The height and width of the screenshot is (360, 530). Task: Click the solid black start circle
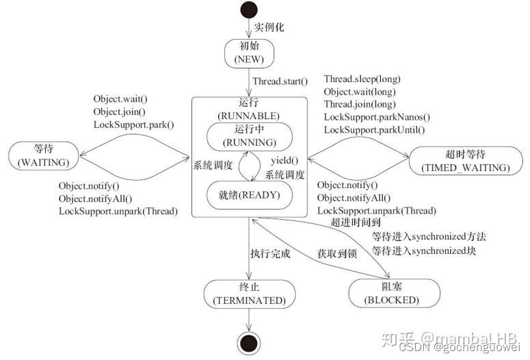point(249,12)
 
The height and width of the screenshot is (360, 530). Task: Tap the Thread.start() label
point(280,81)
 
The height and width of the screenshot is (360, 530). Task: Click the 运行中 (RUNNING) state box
point(249,137)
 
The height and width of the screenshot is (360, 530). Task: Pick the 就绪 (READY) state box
point(249,194)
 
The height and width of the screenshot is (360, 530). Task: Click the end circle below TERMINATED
point(249,342)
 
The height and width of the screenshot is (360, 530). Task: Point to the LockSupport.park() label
point(134,125)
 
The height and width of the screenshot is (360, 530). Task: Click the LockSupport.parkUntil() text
point(374,129)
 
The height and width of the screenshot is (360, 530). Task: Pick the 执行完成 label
point(271,253)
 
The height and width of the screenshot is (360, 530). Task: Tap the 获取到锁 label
point(337,253)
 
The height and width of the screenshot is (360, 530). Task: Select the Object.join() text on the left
point(120,111)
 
